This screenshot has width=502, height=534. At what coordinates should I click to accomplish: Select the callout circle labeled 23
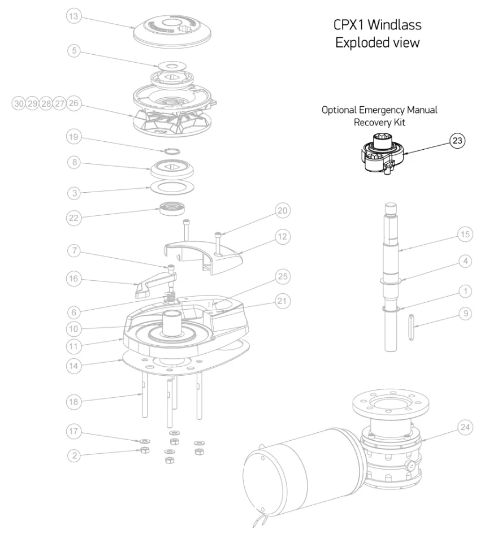457,141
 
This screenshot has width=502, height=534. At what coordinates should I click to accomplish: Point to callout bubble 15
465,234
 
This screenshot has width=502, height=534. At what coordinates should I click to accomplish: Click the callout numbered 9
465,312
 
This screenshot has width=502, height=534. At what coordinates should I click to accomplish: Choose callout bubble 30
20,103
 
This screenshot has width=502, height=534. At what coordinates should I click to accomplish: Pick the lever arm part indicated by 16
156,282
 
